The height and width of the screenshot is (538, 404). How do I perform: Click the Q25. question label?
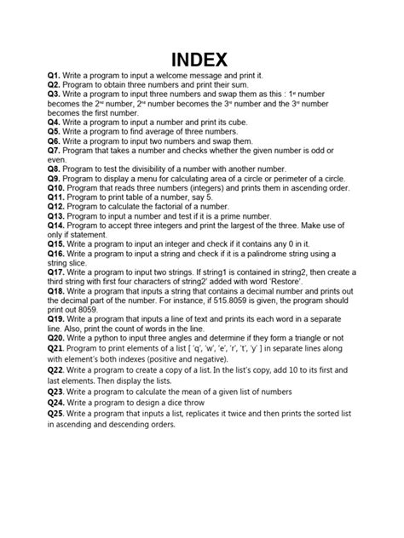click(x=59, y=413)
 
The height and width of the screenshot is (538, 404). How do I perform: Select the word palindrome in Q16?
click(x=273, y=254)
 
